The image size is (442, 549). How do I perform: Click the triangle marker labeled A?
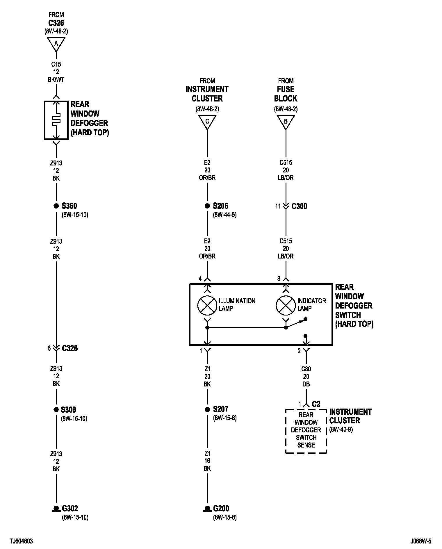coord(56,43)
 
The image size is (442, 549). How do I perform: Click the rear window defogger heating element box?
coord(56,120)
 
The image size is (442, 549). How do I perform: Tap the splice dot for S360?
coord(56,206)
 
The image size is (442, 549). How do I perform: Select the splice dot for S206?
coord(207,206)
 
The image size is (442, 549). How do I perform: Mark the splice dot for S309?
coord(56,409)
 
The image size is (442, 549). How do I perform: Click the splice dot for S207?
coord(207,409)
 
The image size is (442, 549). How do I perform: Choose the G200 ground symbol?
coord(207,509)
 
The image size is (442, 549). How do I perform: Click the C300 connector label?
coord(299,206)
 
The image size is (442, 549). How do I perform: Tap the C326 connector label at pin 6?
coord(70,348)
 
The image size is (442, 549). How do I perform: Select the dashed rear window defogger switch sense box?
coord(306,431)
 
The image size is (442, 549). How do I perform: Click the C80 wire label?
coord(306,369)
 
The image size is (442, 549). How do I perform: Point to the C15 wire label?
coord(56,64)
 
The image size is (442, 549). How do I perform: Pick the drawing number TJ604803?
coord(21,541)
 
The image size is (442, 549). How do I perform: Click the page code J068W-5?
coord(421,541)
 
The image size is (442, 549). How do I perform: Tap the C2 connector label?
coord(316,404)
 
